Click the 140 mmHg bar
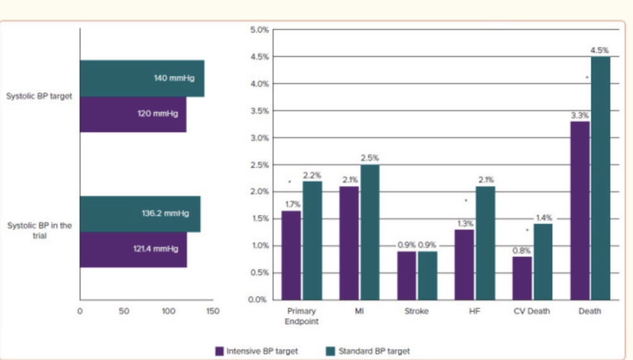[142, 78]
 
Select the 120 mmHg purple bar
[133, 114]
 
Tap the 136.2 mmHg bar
[140, 213]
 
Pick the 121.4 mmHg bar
[133, 249]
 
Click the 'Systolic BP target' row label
[39, 96]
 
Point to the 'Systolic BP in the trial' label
[39, 230]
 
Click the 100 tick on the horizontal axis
[168, 311]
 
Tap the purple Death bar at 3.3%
[580, 210]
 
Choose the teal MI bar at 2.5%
[370, 232]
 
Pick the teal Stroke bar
[427, 275]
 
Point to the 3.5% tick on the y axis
[259, 111]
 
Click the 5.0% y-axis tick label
[259, 30]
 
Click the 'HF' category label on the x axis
[474, 311]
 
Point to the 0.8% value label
[521, 250]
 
